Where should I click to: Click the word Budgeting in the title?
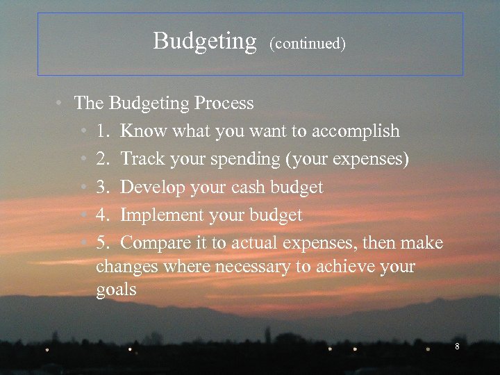pyautogui.click(x=205, y=42)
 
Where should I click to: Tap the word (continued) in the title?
pyautogui.click(x=308, y=44)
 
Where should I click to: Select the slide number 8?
pyautogui.click(x=457, y=347)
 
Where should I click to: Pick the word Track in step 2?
pyautogui.click(x=142, y=159)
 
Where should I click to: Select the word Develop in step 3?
pyautogui.click(x=150, y=187)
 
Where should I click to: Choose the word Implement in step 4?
pyautogui.click(x=160, y=216)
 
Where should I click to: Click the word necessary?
pyautogui.click(x=257, y=267)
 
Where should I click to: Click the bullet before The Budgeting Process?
pyautogui.click(x=61, y=103)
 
